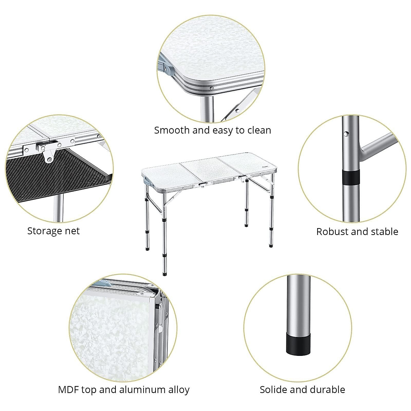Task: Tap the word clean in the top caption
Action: click(259, 130)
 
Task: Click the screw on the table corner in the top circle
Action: click(212, 88)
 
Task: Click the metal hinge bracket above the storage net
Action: click(48, 151)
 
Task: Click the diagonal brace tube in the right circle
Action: click(377, 146)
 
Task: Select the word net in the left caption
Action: click(73, 231)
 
